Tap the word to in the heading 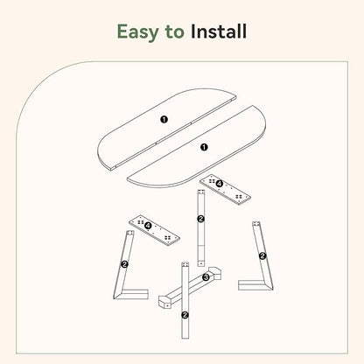click(174, 31)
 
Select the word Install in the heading click(219, 31)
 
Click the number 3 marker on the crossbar click(206, 277)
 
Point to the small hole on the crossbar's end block click(168, 305)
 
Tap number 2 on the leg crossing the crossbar click(185, 315)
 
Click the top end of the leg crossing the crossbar click(185, 264)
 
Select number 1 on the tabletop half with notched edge click(164, 119)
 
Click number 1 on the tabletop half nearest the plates click(204, 147)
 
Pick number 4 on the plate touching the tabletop click(219, 184)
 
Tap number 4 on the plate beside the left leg click(148, 226)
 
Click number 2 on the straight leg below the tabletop click(200, 219)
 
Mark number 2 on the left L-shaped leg click(124, 264)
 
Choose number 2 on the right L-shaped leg click(262, 256)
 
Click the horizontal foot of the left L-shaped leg click(134, 294)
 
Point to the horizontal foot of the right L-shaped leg click(253, 285)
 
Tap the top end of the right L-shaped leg click(256, 224)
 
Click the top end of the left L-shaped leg click(129, 234)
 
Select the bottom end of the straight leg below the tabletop click(200, 263)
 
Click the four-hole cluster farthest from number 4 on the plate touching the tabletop click(240, 198)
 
